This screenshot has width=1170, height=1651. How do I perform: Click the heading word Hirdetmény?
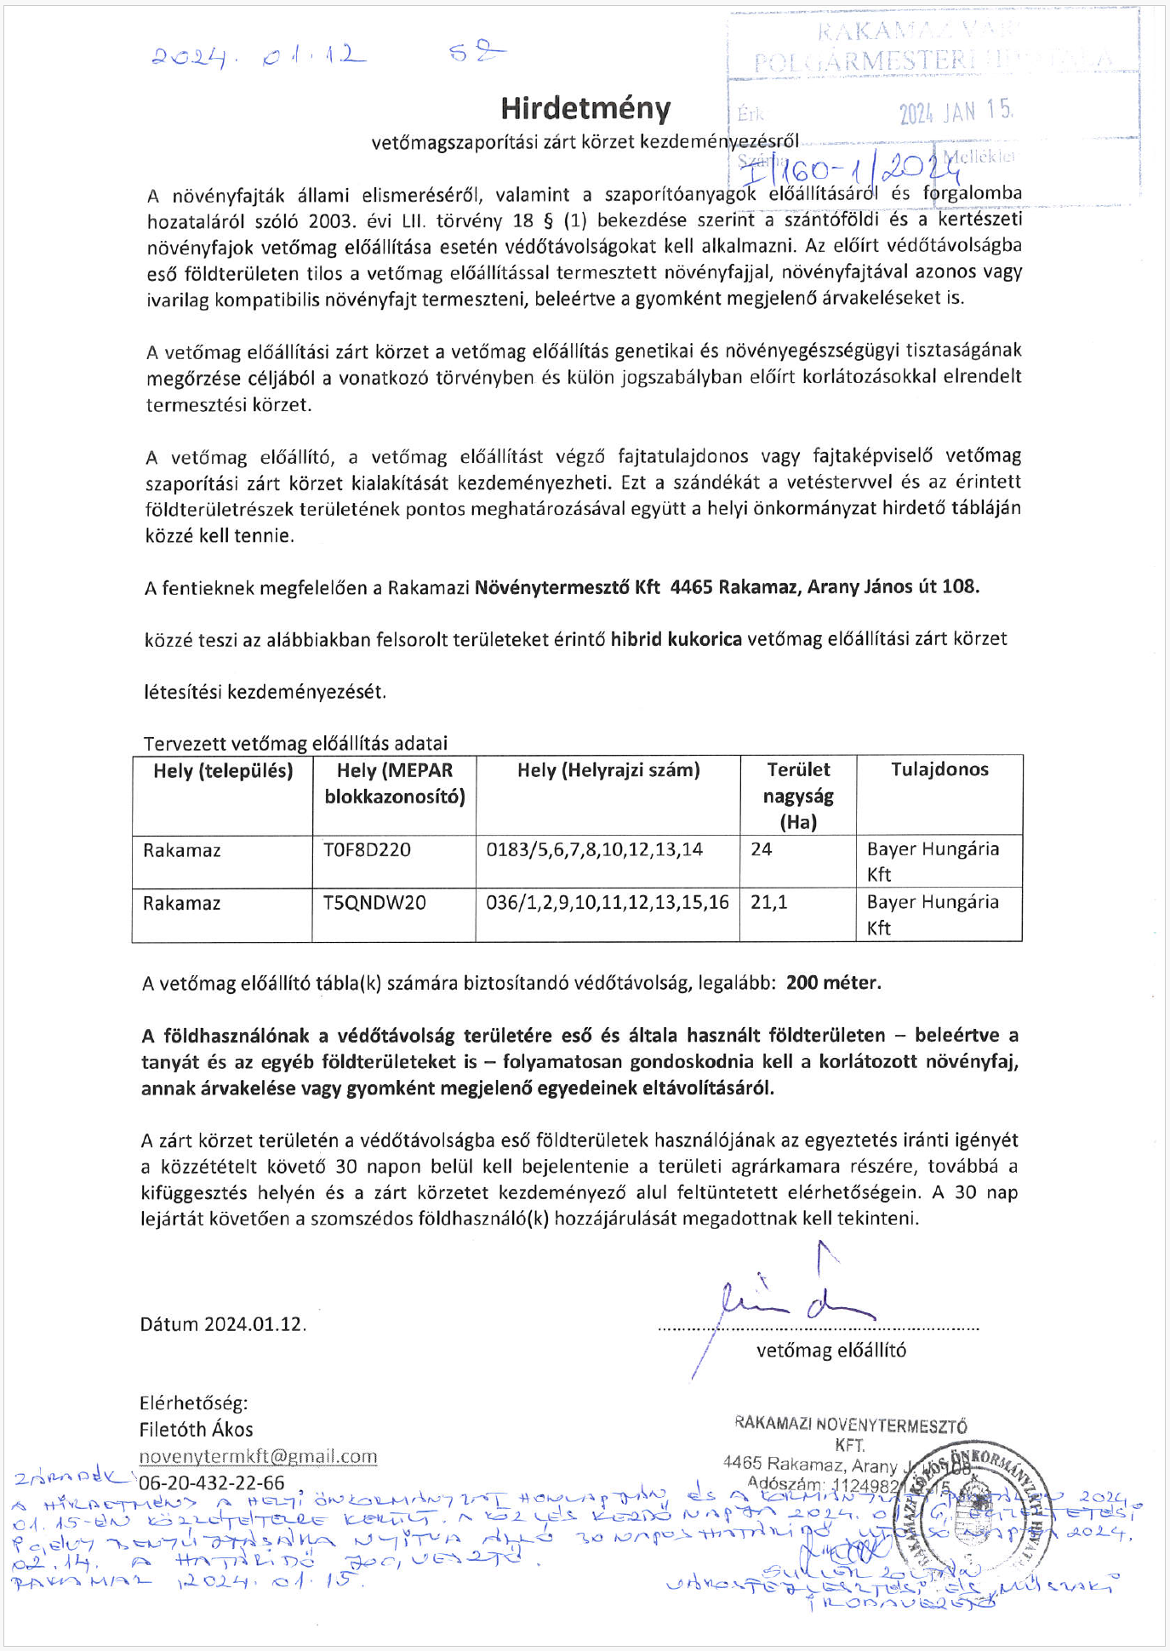[x=585, y=109]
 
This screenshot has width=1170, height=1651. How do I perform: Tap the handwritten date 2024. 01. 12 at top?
[x=259, y=57]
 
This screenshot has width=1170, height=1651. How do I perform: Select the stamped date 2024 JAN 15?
[x=956, y=111]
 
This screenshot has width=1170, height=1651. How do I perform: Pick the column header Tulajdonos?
[x=939, y=769]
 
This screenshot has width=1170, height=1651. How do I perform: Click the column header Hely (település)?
[x=223, y=771]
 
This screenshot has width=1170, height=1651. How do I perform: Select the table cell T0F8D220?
[x=367, y=849]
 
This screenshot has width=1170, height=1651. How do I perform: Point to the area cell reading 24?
[x=761, y=849]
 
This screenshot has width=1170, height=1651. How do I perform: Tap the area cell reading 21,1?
[x=769, y=902]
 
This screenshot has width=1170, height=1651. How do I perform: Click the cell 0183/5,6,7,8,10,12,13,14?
[x=594, y=849]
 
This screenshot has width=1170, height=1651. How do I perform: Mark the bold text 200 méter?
[x=833, y=983]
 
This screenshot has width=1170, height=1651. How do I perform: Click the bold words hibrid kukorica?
[x=676, y=639]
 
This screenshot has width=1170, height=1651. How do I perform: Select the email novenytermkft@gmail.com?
[x=258, y=1456]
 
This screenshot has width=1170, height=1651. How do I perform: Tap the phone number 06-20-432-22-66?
[x=212, y=1483]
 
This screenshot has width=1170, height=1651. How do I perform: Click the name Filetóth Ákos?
[x=196, y=1430]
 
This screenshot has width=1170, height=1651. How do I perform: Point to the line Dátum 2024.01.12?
[x=223, y=1324]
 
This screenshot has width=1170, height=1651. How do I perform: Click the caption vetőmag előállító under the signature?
[x=830, y=1351]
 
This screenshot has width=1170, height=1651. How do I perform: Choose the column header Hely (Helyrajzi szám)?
[x=608, y=770]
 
